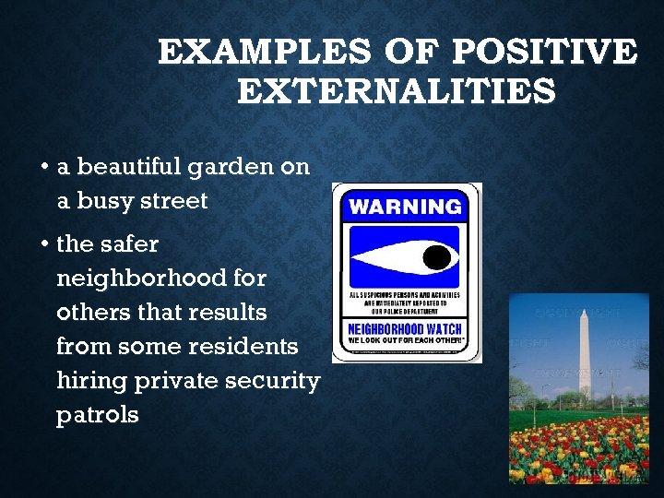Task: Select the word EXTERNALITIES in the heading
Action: (x=397, y=92)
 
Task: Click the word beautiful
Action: (x=129, y=168)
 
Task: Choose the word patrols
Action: (x=97, y=415)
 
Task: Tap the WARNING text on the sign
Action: (x=406, y=206)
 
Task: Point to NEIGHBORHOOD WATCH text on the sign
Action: (x=406, y=329)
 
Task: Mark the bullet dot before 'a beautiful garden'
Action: (x=44, y=168)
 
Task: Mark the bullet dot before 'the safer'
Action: (x=44, y=244)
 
